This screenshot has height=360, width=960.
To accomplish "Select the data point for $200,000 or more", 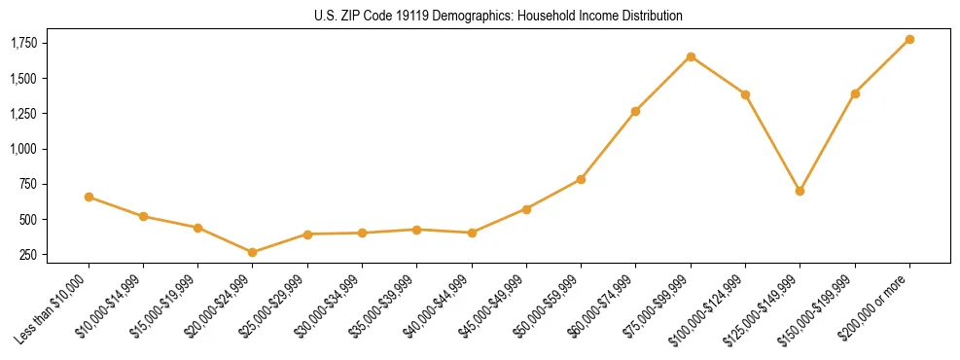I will point(909,39).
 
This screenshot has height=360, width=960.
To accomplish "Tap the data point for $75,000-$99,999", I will point(691,56).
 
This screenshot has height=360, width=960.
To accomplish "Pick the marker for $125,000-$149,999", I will point(800,191).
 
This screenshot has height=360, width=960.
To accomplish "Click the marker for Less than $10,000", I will point(89,197).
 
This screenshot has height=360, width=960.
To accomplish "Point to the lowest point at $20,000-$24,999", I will point(253,252).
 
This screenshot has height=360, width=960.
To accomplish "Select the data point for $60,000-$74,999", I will point(635,111).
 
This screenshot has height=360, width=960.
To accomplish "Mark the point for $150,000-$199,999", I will point(855,93).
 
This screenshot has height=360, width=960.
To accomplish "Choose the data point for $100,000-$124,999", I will point(745,94).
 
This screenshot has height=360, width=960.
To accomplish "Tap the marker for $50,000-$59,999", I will point(581,179).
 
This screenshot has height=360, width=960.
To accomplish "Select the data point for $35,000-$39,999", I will point(416,230).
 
